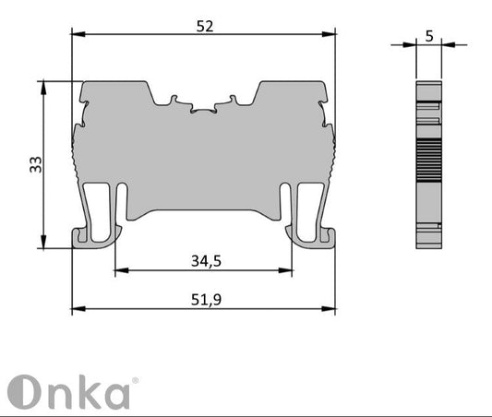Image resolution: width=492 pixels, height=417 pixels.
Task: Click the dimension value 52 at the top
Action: (x=205, y=27)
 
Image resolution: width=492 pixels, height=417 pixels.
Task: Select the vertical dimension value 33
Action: (x=35, y=164)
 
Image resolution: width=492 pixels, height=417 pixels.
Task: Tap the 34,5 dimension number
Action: (x=206, y=261)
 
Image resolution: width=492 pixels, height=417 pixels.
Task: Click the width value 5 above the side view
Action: (x=428, y=36)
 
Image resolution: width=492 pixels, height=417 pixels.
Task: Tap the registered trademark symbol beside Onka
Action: (x=136, y=381)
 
